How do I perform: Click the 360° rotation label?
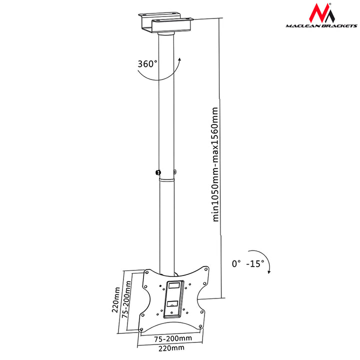click(x=147, y=63)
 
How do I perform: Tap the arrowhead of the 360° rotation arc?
click(x=179, y=59)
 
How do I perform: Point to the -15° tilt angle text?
click(x=255, y=263)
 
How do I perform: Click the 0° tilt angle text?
click(x=236, y=263)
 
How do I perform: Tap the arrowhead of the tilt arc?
click(x=269, y=272)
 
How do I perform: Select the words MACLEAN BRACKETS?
click(x=321, y=25)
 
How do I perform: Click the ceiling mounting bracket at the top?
click(x=165, y=22)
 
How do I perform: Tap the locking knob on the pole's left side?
click(x=158, y=172)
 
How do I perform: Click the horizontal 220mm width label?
click(x=171, y=348)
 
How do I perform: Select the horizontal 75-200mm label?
click(x=172, y=338)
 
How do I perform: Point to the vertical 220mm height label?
click(x=116, y=299)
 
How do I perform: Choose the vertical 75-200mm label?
click(x=126, y=299)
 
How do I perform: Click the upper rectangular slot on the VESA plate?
click(x=174, y=285)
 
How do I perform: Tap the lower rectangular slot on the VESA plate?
click(x=171, y=304)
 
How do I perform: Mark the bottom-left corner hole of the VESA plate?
click(x=141, y=329)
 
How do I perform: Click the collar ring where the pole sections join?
click(x=167, y=180)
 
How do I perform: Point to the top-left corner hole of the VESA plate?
click(x=147, y=272)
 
